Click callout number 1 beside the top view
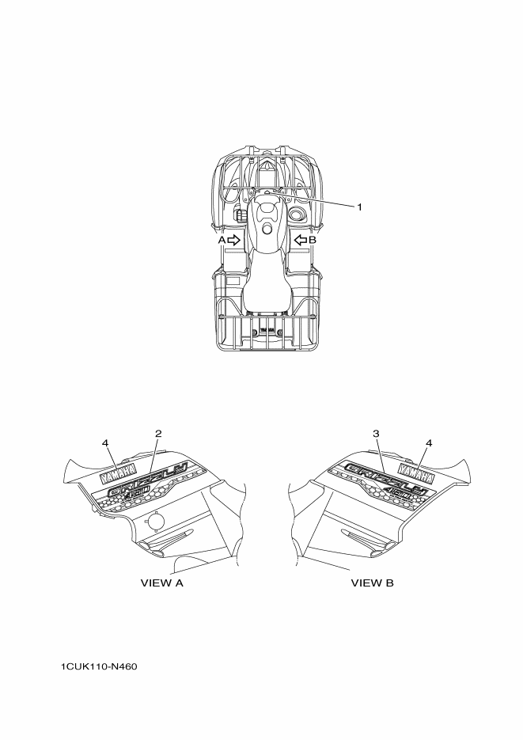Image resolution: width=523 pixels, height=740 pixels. coord(359,207)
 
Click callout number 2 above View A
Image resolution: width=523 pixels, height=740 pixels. coord(158,433)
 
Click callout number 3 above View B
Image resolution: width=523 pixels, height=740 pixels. coord(376,433)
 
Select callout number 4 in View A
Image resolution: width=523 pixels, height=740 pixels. coord(105,443)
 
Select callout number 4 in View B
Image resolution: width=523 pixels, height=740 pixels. coord(429,443)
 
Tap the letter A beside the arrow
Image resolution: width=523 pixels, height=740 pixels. coord(222,241)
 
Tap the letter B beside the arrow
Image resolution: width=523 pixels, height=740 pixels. coord(313,241)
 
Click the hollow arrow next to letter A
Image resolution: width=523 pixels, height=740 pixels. coord(234,241)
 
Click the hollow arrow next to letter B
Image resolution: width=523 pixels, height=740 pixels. coord(301,241)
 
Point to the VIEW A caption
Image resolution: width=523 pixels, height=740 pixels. coord(161,583)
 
